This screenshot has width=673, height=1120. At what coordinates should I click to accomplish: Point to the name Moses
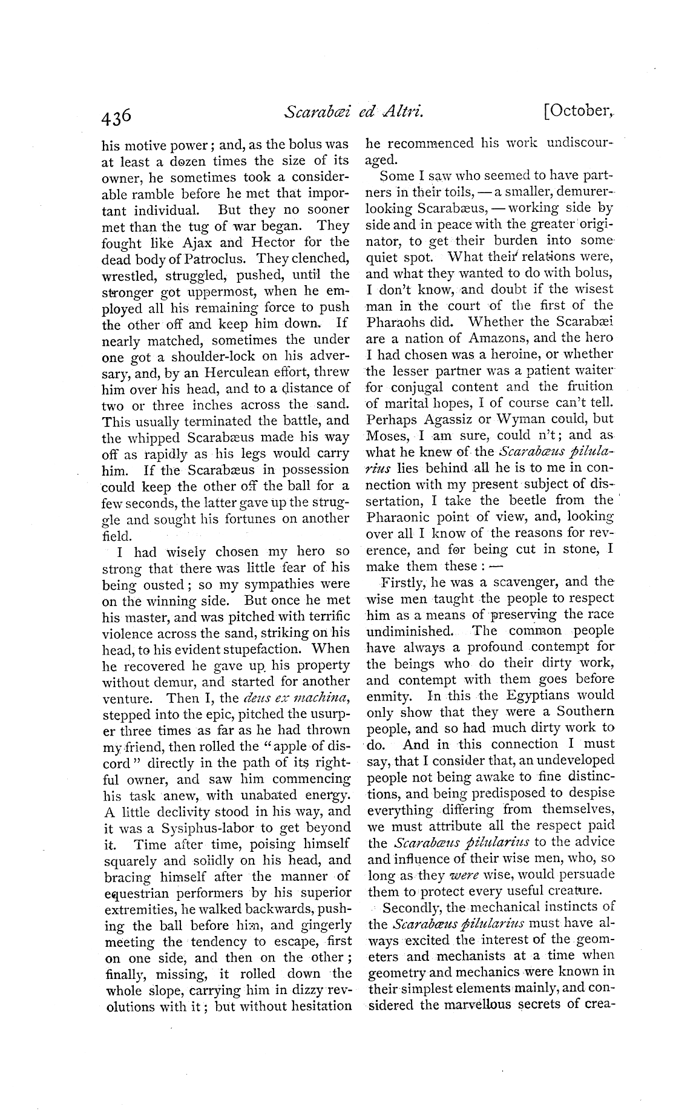pos(387,435)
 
